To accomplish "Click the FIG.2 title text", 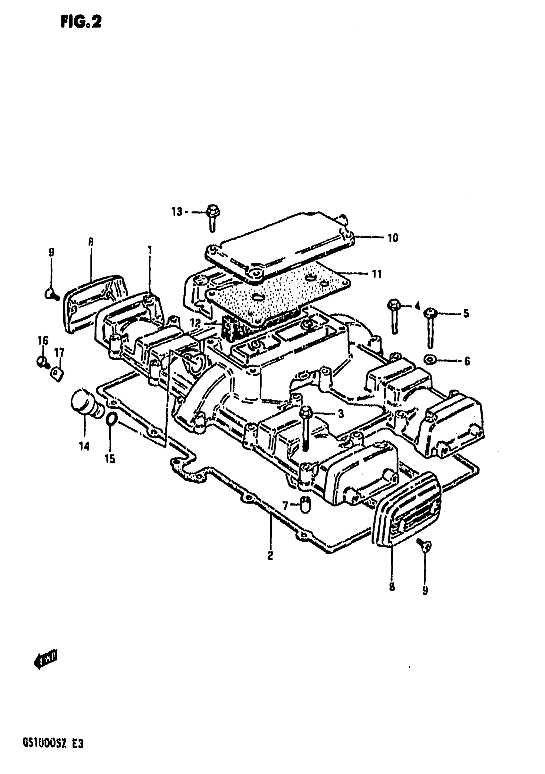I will tap(81, 22).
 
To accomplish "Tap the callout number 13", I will tap(177, 212).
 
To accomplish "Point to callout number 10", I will tap(393, 238).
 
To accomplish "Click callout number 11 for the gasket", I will tap(377, 274).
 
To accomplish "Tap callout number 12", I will tap(195, 323).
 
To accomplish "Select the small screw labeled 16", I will tap(42, 362).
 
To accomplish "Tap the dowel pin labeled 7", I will tap(305, 505).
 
